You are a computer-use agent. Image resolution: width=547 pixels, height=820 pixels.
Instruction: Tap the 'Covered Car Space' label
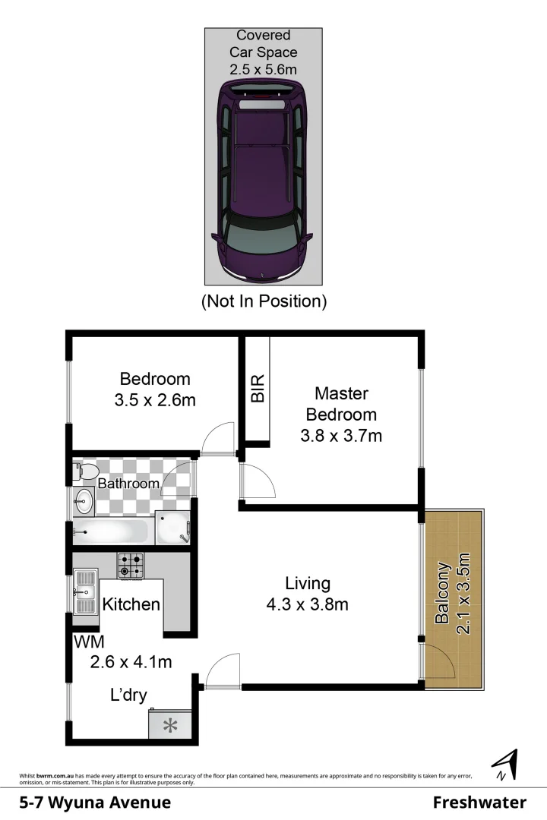(x=264, y=44)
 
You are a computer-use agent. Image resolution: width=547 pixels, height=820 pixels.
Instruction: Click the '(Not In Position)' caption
(x=264, y=301)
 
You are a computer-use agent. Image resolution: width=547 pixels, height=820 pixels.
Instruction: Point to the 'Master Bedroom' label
(x=341, y=404)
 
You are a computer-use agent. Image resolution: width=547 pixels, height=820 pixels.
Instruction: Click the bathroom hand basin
(x=83, y=501)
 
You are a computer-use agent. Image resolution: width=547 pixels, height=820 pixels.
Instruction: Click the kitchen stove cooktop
(x=131, y=564)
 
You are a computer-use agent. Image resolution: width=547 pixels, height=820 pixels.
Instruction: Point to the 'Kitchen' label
(x=131, y=604)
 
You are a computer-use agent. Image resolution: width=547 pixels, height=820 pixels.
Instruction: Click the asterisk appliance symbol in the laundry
(x=171, y=725)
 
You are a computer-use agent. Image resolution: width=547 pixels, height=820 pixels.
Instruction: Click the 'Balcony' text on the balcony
(x=443, y=593)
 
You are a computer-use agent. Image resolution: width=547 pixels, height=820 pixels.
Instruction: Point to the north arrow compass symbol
(x=505, y=765)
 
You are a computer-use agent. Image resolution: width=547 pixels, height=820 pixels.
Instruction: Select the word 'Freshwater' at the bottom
(x=479, y=803)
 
